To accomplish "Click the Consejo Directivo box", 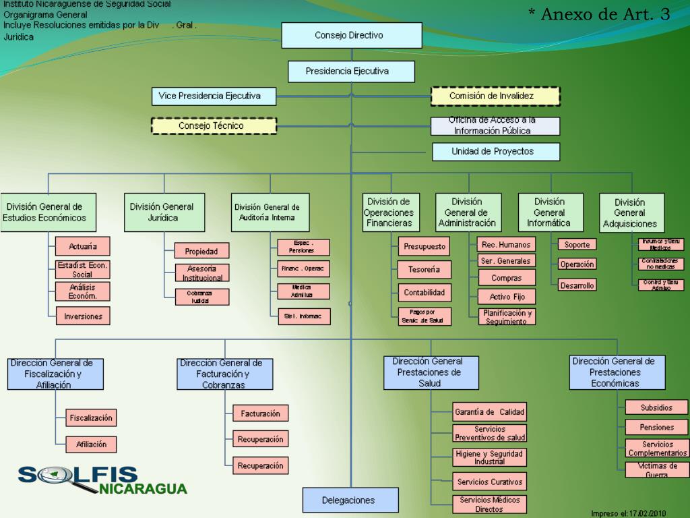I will tap(351, 35).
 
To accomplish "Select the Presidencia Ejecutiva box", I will tap(351, 71).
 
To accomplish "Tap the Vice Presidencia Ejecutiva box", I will tap(214, 96).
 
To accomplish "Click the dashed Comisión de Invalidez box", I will tap(495, 96).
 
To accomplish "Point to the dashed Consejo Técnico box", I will tap(214, 126).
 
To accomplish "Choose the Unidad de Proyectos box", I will tap(495, 152).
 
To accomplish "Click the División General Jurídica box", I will tap(164, 212).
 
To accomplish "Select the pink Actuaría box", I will tap(82, 246).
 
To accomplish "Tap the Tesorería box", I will tap(424, 270).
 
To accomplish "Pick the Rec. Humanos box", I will tap(506, 245).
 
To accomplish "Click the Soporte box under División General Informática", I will tap(577, 245).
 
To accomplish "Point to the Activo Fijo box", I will tap(507, 297).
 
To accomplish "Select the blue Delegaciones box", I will tap(350, 500).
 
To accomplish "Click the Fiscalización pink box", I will tap(91, 418).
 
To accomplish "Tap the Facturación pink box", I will tap(260, 413).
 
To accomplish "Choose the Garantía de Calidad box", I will tap(489, 412).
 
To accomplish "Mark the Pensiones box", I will tap(656, 427).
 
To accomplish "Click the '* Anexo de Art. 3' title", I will tap(598, 14).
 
